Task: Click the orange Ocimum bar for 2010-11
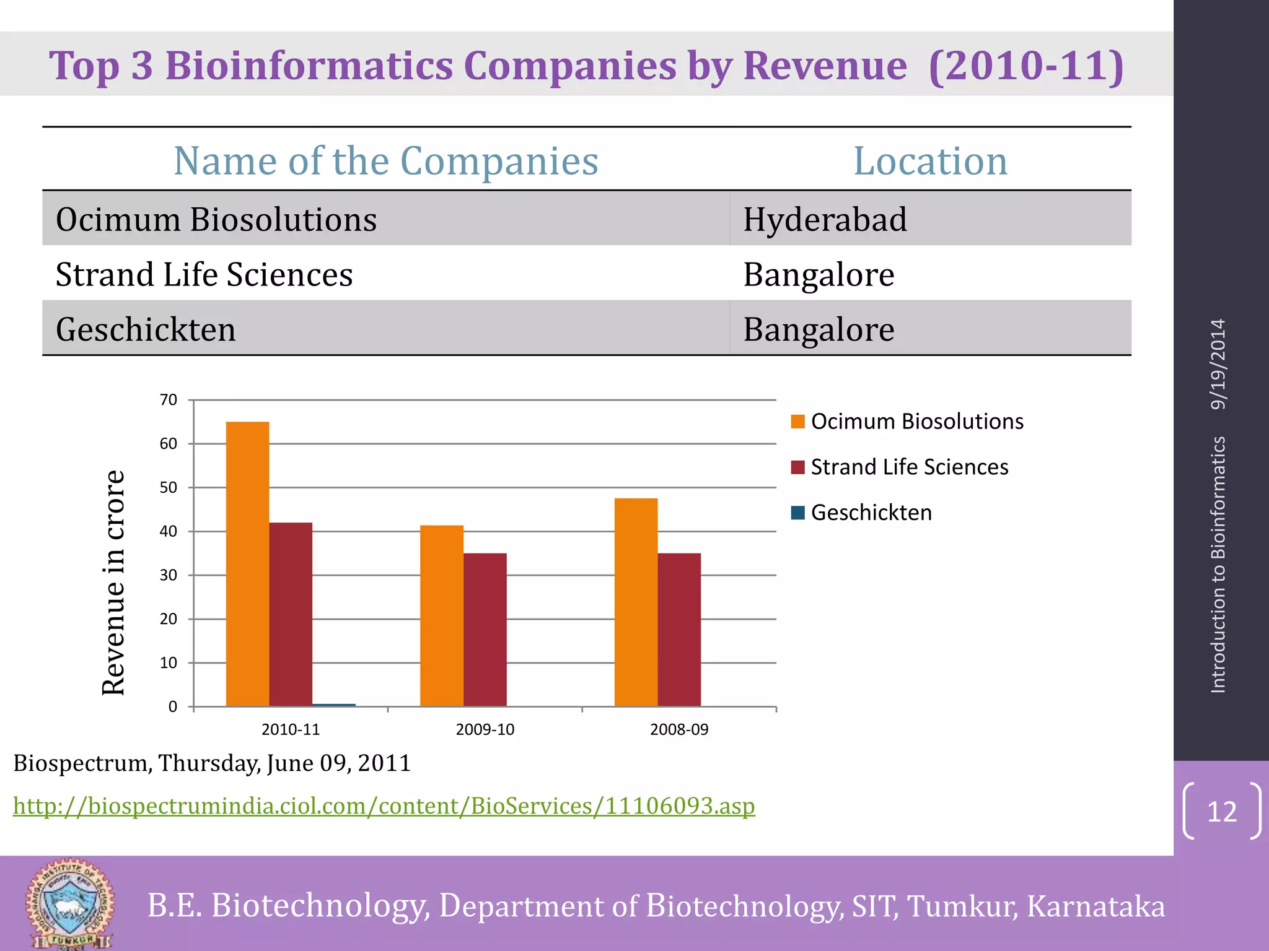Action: coord(247,563)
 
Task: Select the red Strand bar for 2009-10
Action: coord(485,629)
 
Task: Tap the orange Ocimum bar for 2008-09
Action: coord(636,602)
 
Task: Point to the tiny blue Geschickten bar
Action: coord(334,705)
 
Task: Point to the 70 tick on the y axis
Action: coord(169,400)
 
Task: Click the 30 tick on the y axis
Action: coord(169,575)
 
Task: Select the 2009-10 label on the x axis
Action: coord(485,729)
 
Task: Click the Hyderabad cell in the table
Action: coord(825,219)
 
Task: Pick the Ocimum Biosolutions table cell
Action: coord(216,219)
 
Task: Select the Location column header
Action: coord(929,161)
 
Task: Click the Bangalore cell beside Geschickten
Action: coord(819,329)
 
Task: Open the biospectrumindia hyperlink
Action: coord(384,806)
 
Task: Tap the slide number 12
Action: coord(1221,812)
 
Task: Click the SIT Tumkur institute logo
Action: coord(69,904)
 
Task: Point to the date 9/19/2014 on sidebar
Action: coord(1218,364)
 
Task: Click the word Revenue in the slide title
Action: coord(825,66)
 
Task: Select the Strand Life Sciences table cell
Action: coord(204,274)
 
